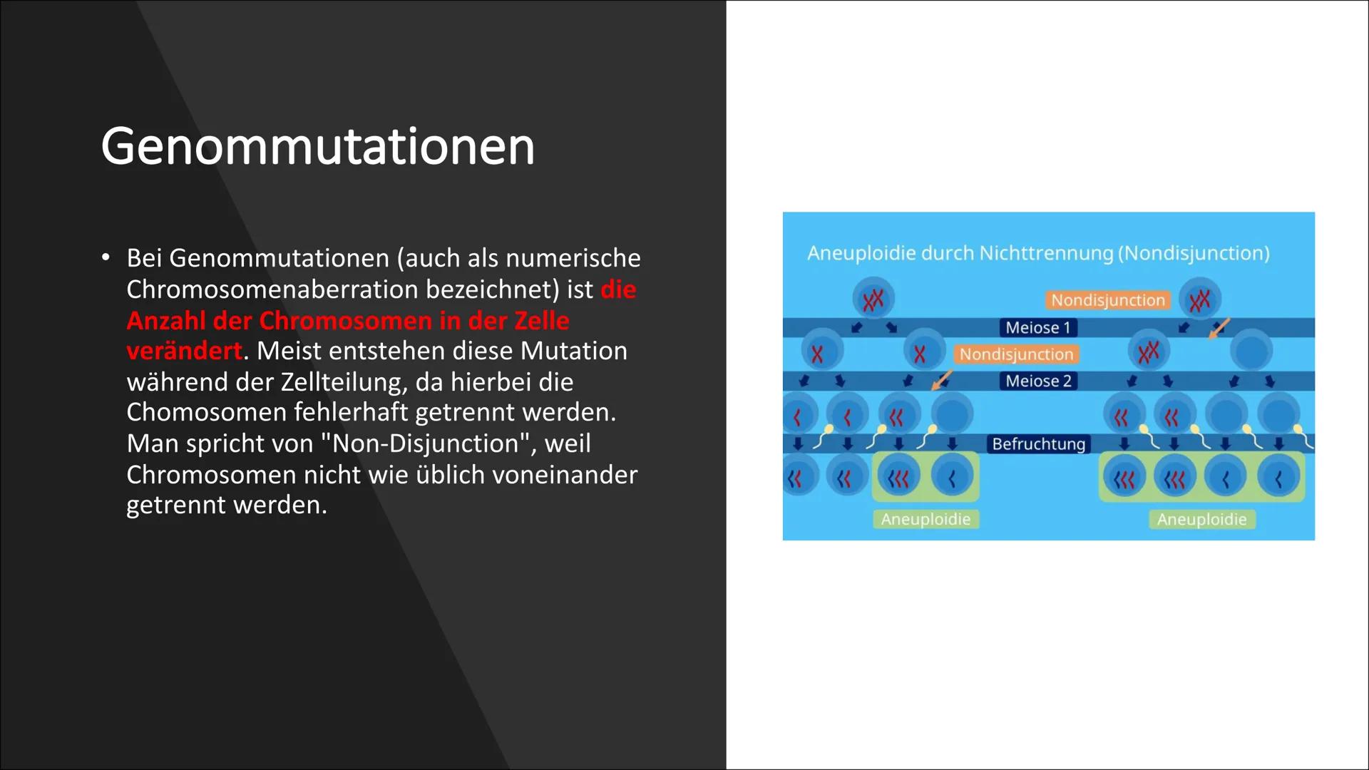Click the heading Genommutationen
pos(317,147)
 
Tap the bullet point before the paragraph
pos(106,257)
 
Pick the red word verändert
pos(184,351)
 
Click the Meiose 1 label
pos(1038,328)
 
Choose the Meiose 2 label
pos(1038,381)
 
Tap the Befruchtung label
pos(1038,444)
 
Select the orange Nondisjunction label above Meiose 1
pos(1107,300)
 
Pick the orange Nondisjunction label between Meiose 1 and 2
pos(1016,354)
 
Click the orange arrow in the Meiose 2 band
pos(942,381)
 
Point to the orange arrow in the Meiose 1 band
pos(1220,328)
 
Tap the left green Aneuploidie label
pos(926,519)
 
